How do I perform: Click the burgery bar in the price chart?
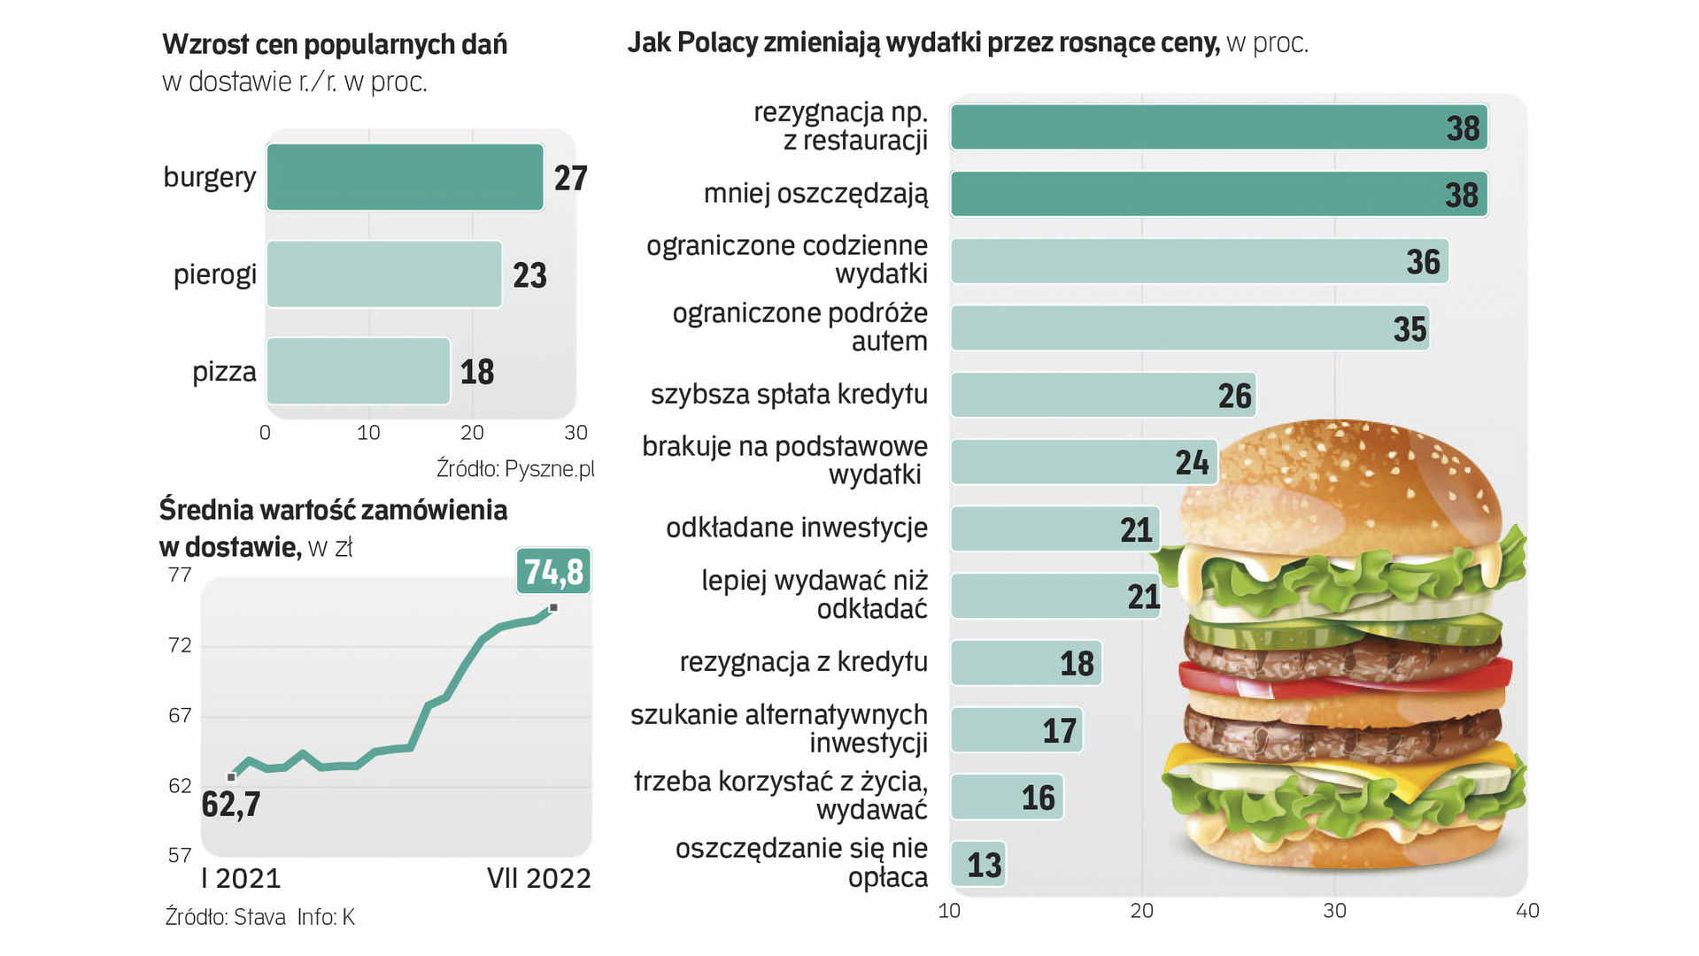[405, 177]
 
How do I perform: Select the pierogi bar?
[384, 274]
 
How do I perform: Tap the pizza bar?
[359, 371]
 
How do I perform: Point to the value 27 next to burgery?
[570, 178]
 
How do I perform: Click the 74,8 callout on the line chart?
[553, 572]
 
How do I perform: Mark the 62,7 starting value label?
[231, 805]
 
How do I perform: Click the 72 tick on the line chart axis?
[180, 645]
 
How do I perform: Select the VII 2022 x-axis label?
[538, 878]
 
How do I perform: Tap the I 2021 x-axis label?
[241, 878]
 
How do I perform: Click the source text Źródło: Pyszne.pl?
[515, 468]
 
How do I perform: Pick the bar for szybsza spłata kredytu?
[1102, 395]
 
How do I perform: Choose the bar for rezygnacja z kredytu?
[1025, 663]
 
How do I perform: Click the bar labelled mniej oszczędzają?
[1218, 194]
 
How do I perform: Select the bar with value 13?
[977, 865]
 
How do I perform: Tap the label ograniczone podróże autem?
[799, 327]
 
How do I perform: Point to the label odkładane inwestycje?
[796, 528]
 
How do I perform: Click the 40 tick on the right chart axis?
[1527, 911]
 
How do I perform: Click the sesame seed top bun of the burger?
[1346, 487]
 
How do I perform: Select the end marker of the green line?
[553, 607]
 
